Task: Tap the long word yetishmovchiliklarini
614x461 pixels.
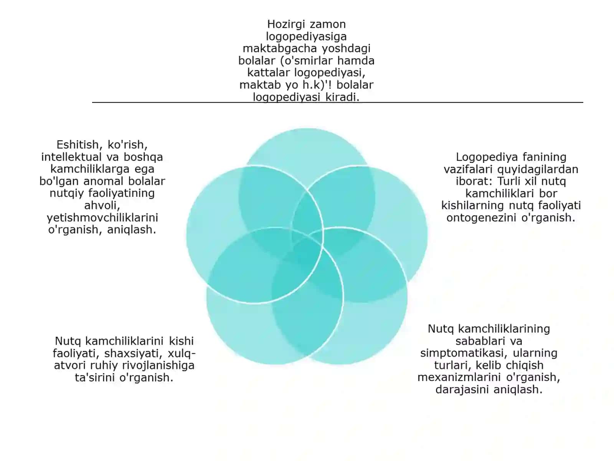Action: click(x=102, y=217)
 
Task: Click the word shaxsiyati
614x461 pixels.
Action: click(x=134, y=353)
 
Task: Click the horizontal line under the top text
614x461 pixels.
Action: click(x=338, y=103)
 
